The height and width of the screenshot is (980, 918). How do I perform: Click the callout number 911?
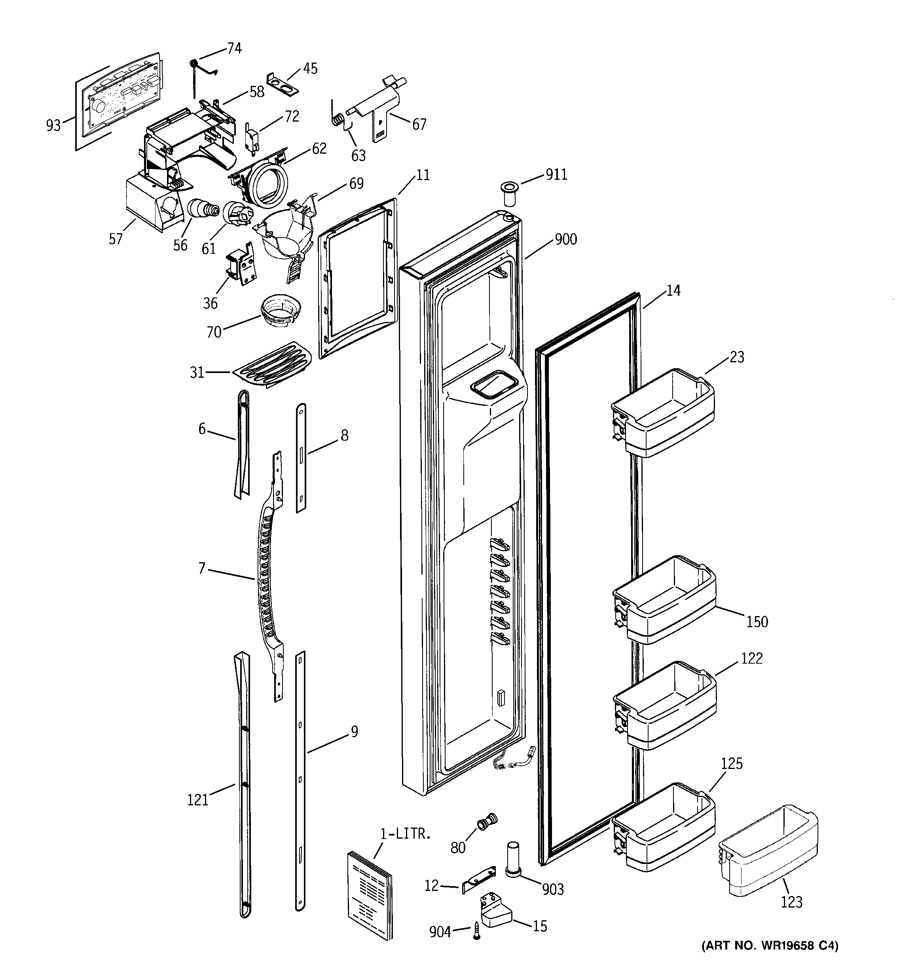point(556,175)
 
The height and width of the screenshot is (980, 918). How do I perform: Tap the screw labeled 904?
point(476,931)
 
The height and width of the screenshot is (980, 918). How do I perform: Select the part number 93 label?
point(53,125)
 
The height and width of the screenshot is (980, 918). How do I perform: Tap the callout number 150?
point(757,622)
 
